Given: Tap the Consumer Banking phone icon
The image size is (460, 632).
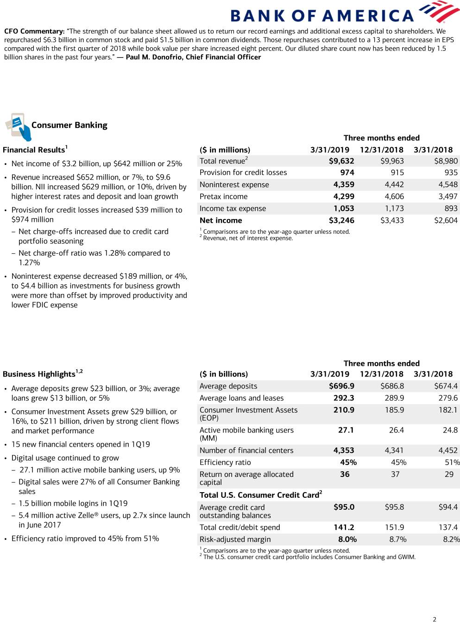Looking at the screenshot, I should (18, 126).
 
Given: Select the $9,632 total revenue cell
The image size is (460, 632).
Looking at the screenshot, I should (341, 161).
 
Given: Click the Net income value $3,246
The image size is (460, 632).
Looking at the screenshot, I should (341, 220).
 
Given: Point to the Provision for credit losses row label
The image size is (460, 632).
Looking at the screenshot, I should (243, 173).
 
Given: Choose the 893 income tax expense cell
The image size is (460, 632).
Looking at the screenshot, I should (451, 208).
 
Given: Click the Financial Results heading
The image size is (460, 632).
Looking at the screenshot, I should (34, 150).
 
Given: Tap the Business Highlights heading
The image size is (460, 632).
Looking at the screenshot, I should (39, 374).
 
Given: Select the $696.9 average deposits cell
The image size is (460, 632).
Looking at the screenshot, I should (341, 386).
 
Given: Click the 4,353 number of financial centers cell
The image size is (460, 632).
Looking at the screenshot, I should (344, 451).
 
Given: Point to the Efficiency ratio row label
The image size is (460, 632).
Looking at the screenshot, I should (225, 463).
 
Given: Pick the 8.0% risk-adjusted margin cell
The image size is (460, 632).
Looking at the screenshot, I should (347, 539).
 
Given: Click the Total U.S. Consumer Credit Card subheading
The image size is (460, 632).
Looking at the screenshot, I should (260, 495).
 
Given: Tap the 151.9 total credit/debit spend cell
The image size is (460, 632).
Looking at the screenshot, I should (394, 527).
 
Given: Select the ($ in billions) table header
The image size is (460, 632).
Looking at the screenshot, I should (224, 374).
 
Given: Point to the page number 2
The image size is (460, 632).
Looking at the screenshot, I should (435, 619).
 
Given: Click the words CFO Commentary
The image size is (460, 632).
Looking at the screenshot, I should (34, 31).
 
